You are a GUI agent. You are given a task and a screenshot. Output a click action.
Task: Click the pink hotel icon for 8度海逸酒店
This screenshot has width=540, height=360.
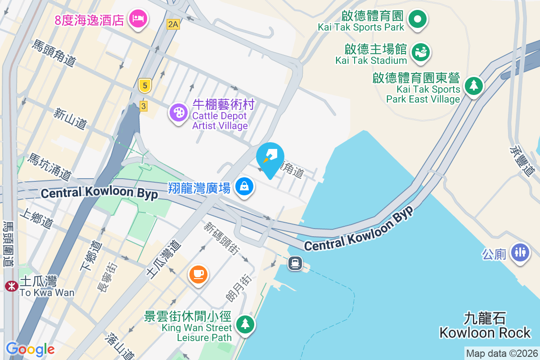coord(137,18)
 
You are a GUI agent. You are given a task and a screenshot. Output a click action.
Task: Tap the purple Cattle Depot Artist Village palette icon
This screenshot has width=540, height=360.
coord(179,112)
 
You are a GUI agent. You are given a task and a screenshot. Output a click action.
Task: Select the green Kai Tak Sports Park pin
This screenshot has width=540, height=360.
coord(417,19)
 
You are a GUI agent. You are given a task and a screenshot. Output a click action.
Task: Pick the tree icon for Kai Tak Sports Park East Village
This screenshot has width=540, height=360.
coord(473,85)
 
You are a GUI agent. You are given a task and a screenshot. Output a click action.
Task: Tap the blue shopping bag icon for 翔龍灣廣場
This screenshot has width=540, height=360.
coord(244,186)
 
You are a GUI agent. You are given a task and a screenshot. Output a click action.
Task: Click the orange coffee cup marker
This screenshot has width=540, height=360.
coord(198,274)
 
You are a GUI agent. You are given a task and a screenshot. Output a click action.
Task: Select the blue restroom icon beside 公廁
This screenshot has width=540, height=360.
coord(520,252)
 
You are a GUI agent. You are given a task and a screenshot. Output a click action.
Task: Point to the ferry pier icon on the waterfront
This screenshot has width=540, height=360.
coord(295,262)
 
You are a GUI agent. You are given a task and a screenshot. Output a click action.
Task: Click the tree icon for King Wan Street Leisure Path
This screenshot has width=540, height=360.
coord(245,324)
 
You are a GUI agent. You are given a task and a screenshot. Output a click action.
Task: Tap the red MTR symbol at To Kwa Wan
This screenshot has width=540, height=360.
coord(10,286)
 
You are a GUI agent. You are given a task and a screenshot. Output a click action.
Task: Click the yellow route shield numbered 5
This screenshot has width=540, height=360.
coord(144,85)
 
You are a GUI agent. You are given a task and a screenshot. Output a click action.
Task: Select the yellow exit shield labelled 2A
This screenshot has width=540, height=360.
coord(173,24)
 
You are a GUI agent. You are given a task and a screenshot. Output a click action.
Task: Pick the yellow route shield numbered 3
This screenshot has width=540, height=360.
coord(143,106)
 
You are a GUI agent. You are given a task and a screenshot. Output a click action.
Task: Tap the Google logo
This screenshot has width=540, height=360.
coord(30,349)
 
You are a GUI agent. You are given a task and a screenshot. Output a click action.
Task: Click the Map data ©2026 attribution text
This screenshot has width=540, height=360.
coord(501,353)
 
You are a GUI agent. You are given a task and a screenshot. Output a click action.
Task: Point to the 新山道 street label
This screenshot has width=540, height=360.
coord(70,119)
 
